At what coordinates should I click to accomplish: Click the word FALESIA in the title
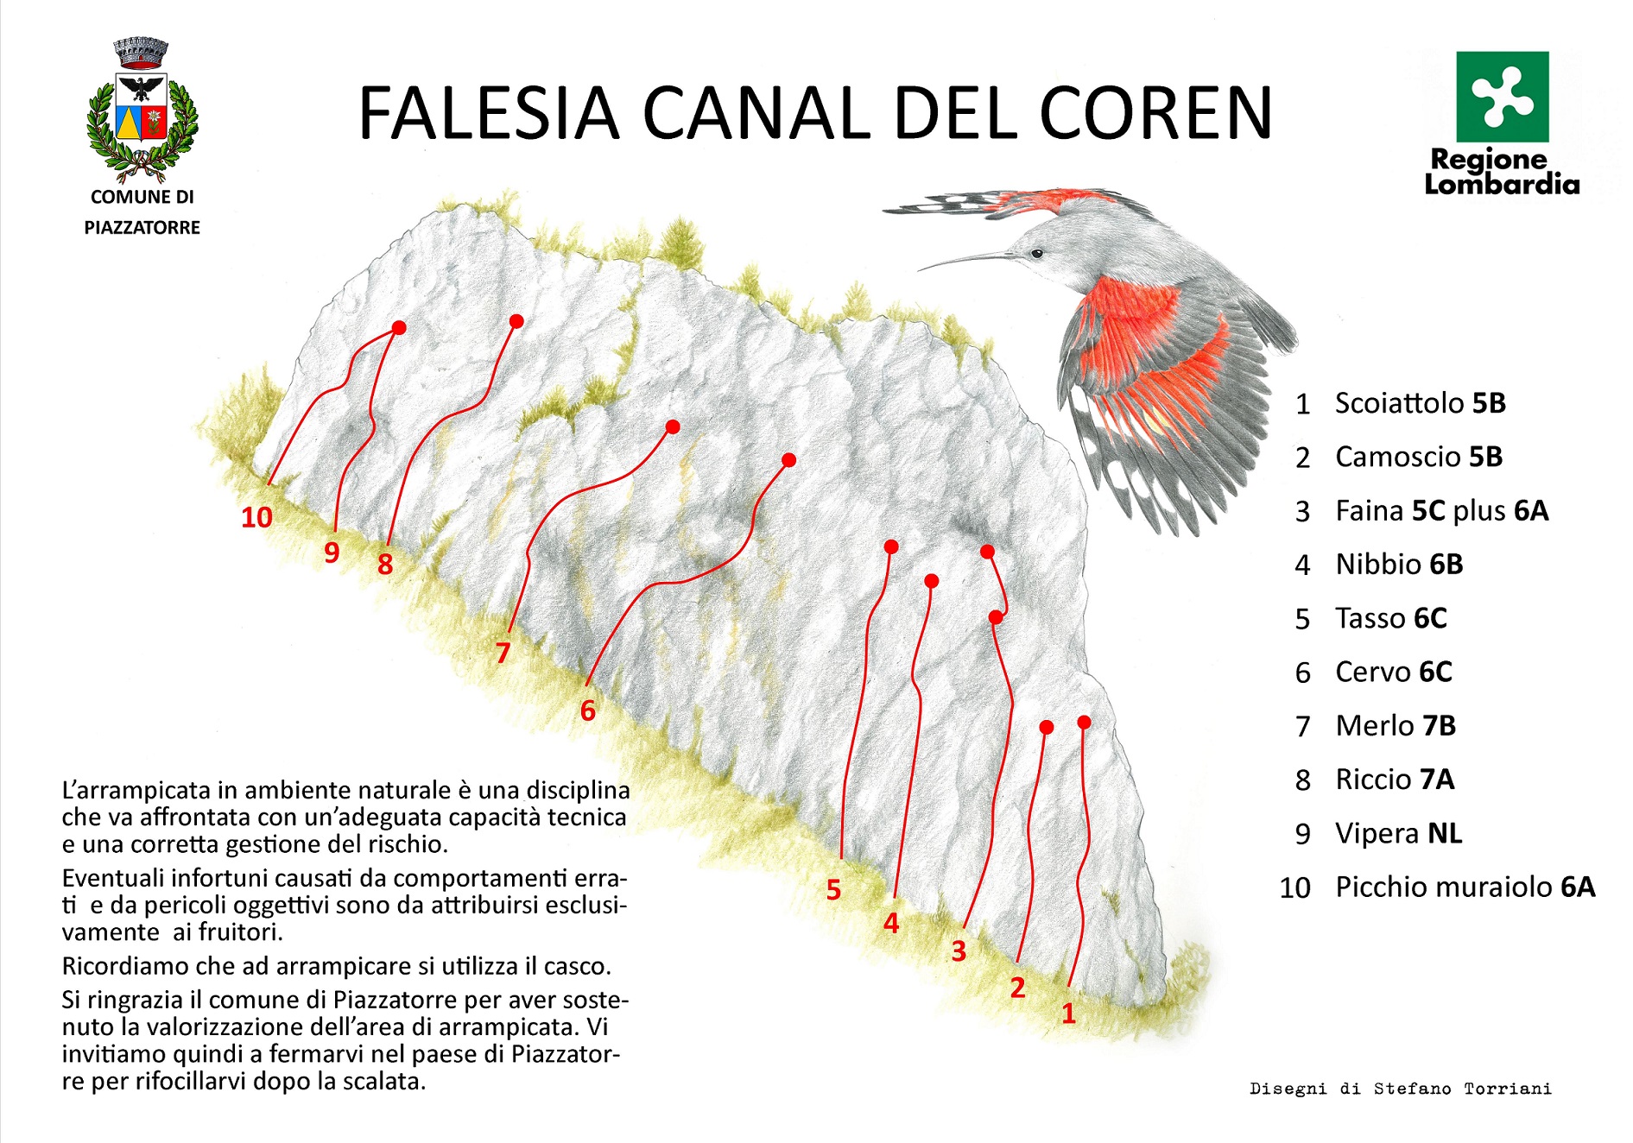(489, 113)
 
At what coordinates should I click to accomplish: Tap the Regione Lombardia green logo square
(1502, 97)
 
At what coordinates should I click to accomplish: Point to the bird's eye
(1036, 253)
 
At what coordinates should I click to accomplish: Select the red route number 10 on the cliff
(256, 517)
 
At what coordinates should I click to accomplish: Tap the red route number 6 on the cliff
(588, 710)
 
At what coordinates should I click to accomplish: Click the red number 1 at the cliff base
(1068, 1014)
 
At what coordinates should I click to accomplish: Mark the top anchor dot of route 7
(673, 426)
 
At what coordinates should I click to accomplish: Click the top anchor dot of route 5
(891, 546)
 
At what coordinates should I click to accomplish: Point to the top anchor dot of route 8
(516, 321)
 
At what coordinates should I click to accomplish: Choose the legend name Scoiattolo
(1400, 402)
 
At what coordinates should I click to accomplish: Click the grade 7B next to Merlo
(1439, 726)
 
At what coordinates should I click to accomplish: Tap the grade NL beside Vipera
(1445, 833)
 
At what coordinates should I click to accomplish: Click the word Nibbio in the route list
(1378, 565)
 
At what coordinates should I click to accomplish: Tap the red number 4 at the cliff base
(891, 923)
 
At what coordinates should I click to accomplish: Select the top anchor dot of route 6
(788, 460)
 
